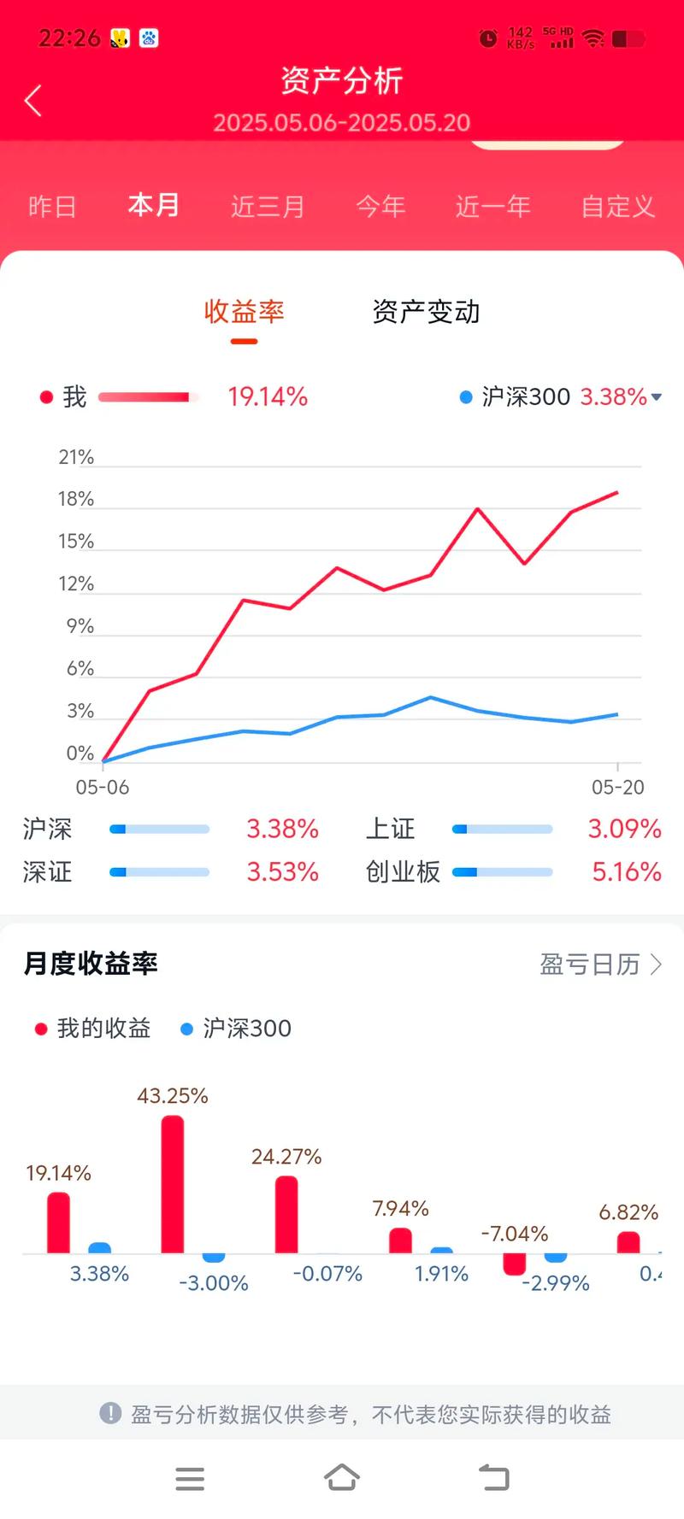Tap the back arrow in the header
click(33, 101)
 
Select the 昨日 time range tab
click(52, 207)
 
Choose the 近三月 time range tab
click(268, 207)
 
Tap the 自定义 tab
click(617, 207)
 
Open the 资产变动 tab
click(426, 313)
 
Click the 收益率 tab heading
click(244, 313)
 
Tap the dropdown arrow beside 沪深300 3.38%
click(657, 397)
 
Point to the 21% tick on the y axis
click(76, 458)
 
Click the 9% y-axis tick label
click(80, 627)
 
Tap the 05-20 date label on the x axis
click(617, 788)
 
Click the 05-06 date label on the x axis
click(103, 788)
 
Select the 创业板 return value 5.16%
click(627, 872)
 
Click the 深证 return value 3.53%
click(282, 872)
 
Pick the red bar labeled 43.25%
click(173, 1184)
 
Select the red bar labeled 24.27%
click(286, 1214)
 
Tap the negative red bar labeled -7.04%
click(515, 1264)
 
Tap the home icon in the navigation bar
click(342, 1477)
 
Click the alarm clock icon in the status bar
click(488, 38)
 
